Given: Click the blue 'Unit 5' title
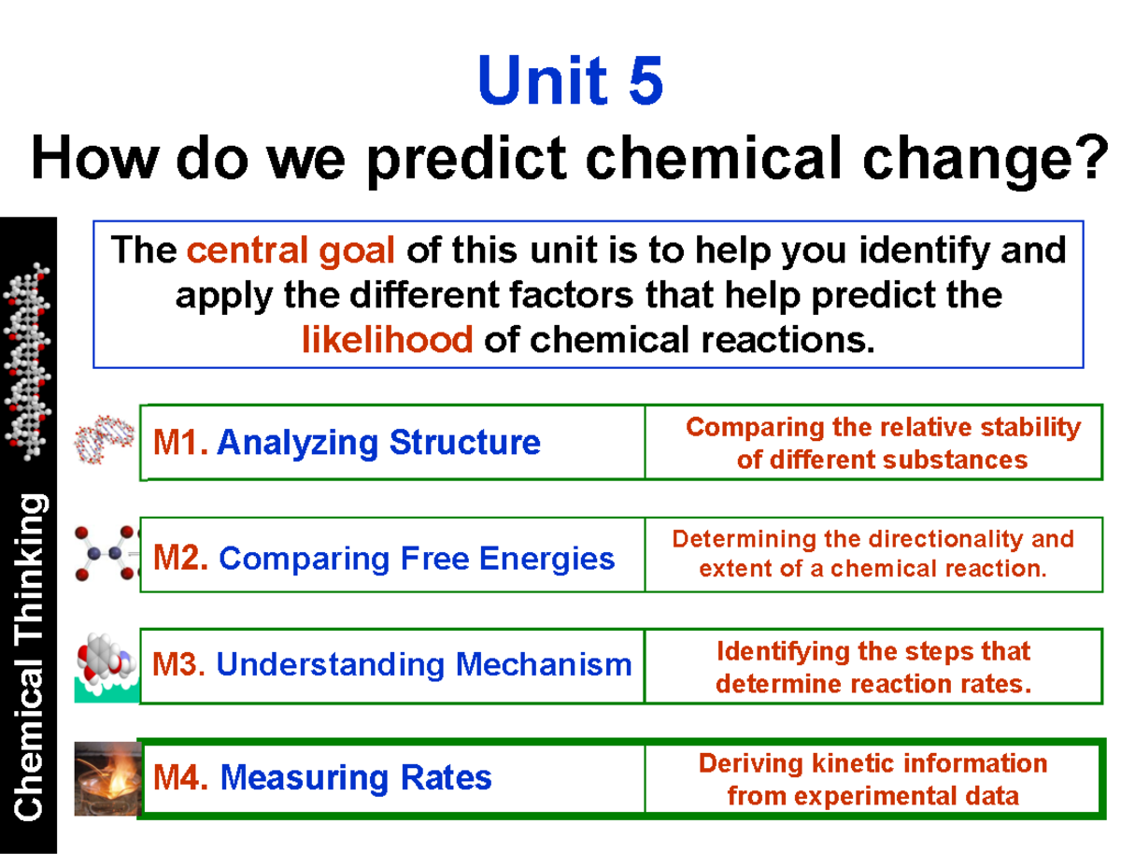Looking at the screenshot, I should click(x=571, y=80).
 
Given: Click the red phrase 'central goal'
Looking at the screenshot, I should click(x=292, y=250).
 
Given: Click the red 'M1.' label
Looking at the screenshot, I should click(x=180, y=442).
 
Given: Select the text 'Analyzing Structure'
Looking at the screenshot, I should click(x=378, y=442).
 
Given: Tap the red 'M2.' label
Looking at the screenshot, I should click(x=181, y=558).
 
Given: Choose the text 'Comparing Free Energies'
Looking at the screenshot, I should click(x=416, y=559).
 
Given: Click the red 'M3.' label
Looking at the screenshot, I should click(x=179, y=664).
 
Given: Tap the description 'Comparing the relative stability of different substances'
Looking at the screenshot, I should click(x=882, y=443).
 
